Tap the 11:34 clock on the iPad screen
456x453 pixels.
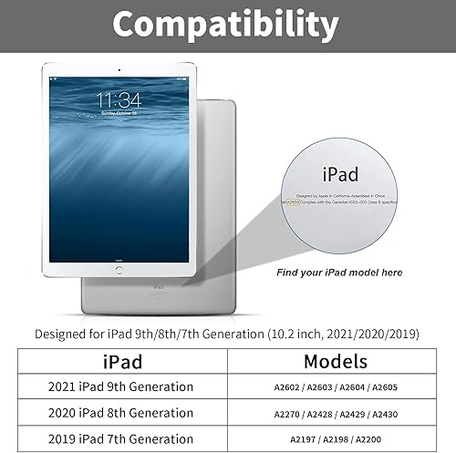click(x=119, y=98)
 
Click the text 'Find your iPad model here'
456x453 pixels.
click(x=338, y=273)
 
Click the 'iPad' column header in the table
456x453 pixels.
click(x=120, y=361)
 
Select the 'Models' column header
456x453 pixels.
click(x=336, y=361)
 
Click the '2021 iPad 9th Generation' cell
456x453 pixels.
click(x=120, y=387)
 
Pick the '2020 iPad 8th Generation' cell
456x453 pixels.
click(x=120, y=413)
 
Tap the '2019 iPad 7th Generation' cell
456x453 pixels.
click(x=120, y=438)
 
